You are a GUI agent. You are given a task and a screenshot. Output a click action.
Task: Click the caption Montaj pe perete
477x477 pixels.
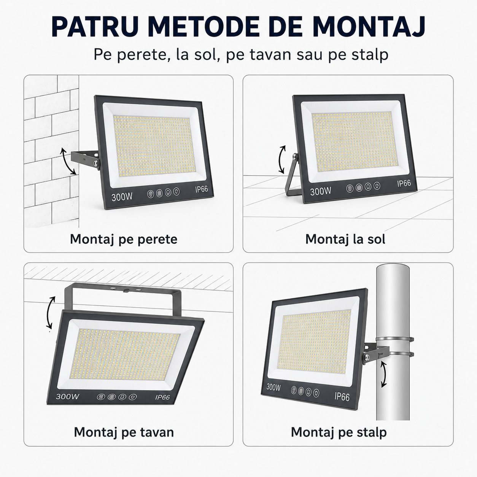[124, 239]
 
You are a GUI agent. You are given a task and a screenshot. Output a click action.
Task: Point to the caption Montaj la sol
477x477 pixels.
[345, 239]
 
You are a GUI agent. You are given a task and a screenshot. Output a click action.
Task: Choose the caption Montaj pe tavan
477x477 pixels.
[124, 432]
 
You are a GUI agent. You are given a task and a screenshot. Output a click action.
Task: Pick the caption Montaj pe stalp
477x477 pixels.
[339, 432]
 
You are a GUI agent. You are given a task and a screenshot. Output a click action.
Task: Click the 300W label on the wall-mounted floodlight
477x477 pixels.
[122, 197]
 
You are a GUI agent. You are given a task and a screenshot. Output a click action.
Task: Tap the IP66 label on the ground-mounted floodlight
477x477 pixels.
[404, 183]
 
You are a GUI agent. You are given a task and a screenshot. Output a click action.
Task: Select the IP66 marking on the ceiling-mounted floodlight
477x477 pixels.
[162, 397]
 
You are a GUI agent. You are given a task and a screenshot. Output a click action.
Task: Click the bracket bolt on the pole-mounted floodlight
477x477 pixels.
[366, 357]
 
